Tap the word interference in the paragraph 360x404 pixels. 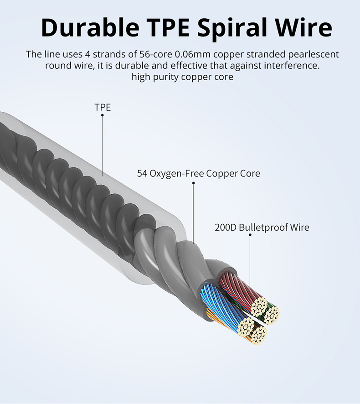[289, 66]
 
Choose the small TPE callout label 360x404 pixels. [103, 108]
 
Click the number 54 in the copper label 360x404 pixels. [142, 174]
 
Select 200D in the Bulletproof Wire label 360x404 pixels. [225, 227]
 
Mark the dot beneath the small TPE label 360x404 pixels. [103, 115]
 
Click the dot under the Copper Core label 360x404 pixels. [193, 183]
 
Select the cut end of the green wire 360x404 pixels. [273, 314]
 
